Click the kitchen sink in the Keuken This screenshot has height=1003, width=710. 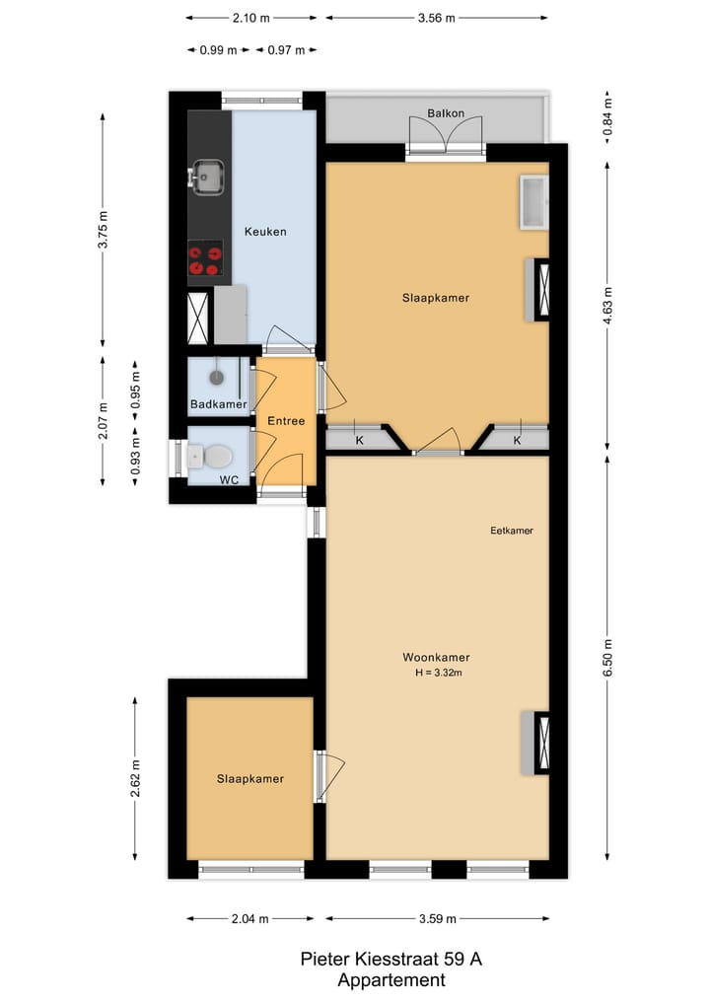coord(207,178)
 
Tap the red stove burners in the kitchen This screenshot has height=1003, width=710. coord(205,260)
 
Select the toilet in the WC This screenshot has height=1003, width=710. coord(212,456)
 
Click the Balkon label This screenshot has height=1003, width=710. coord(446,113)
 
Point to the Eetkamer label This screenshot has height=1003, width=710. coord(512,531)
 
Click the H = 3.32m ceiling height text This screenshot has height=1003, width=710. coord(439,674)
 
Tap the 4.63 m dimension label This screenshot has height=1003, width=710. coord(607,307)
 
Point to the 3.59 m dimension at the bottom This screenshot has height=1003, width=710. coord(437,919)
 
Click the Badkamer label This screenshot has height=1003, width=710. coord(218,404)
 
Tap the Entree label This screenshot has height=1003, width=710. coord(286,421)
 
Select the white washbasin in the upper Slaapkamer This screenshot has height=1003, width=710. coord(533,202)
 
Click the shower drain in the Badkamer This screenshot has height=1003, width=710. coord(217,376)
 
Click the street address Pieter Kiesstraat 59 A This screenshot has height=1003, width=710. coord(390,960)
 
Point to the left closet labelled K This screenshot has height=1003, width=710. coord(359,441)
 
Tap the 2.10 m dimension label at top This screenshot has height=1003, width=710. coord(252,18)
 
